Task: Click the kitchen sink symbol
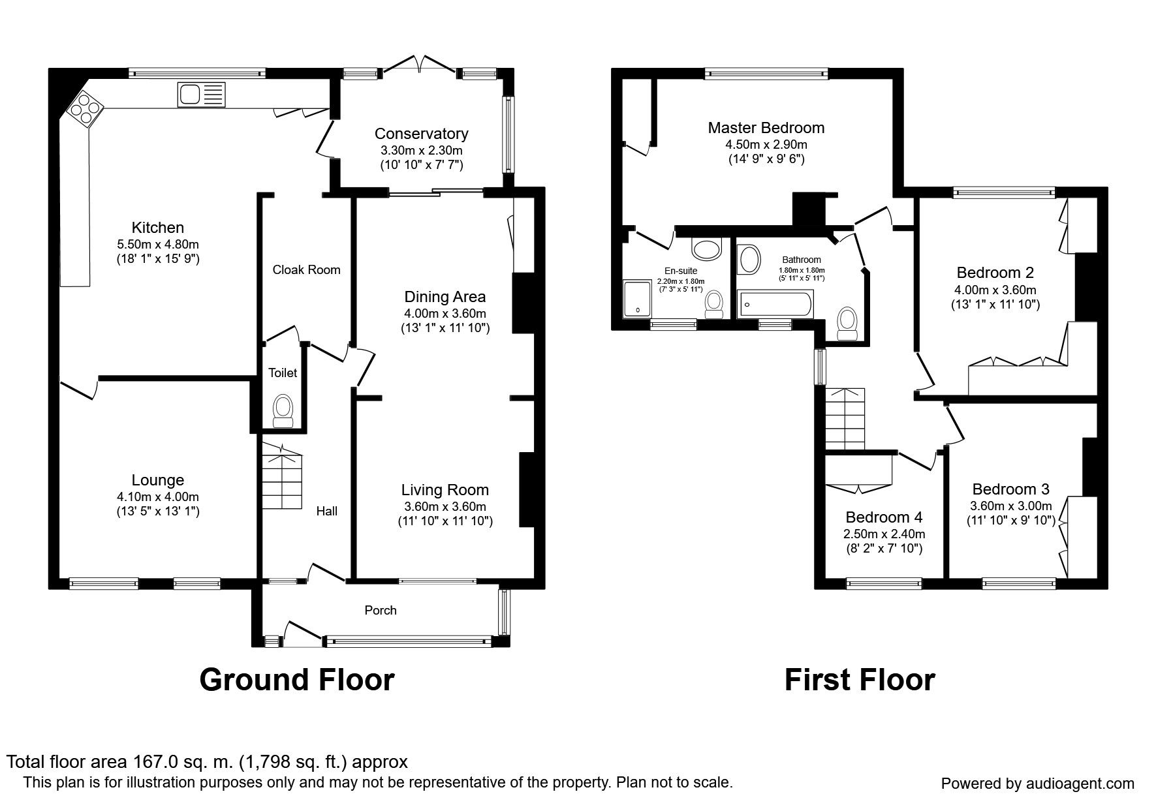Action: pyautogui.click(x=200, y=95)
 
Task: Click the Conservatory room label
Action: pyautogui.click(x=421, y=134)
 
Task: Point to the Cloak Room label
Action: pyautogui.click(x=306, y=269)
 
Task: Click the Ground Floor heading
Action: pyautogui.click(x=296, y=680)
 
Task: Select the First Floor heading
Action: pyautogui.click(x=859, y=680)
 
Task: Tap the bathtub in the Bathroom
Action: pyautogui.click(x=775, y=304)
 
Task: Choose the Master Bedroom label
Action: pyautogui.click(x=766, y=127)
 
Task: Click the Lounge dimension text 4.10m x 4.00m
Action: pyautogui.click(x=157, y=496)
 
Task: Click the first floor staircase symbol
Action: pyautogui.click(x=845, y=418)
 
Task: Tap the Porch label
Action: pyautogui.click(x=381, y=610)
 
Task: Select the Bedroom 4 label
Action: pyautogui.click(x=883, y=517)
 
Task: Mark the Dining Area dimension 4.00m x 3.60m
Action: pyautogui.click(x=445, y=313)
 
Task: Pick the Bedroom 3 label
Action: pyautogui.click(x=1010, y=489)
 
